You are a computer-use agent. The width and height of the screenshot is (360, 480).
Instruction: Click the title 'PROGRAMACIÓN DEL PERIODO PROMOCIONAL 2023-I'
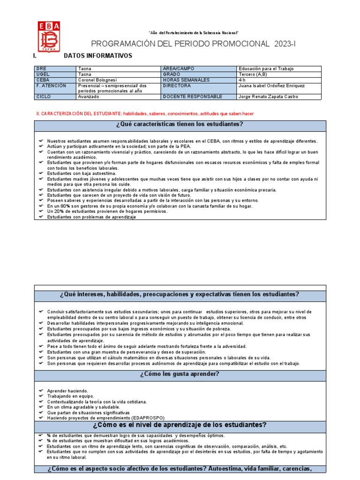[194, 44]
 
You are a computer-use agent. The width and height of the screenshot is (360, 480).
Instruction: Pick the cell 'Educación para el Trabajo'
[266, 68]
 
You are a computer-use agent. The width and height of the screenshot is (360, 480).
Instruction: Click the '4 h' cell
[242, 80]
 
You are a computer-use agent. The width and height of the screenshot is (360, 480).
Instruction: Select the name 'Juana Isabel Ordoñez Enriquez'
[271, 86]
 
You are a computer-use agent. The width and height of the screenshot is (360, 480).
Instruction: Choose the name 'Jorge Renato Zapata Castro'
[268, 97]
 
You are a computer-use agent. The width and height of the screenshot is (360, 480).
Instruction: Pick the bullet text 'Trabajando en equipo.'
[67, 396]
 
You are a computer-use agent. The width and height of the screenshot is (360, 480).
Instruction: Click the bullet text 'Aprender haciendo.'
[67, 390]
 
